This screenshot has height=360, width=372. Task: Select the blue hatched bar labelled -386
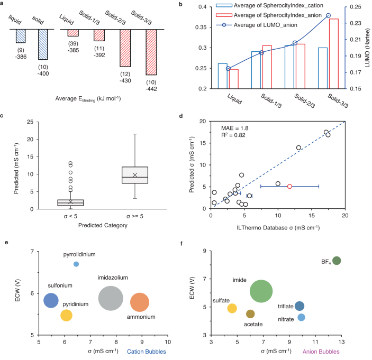pos(21,35)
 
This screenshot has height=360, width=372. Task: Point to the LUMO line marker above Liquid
pos(228,69)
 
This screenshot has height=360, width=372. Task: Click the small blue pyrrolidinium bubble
pos(76,264)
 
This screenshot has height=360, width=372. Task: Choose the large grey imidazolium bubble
pos(111,299)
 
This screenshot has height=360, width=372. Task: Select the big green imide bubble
pos(261,291)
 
